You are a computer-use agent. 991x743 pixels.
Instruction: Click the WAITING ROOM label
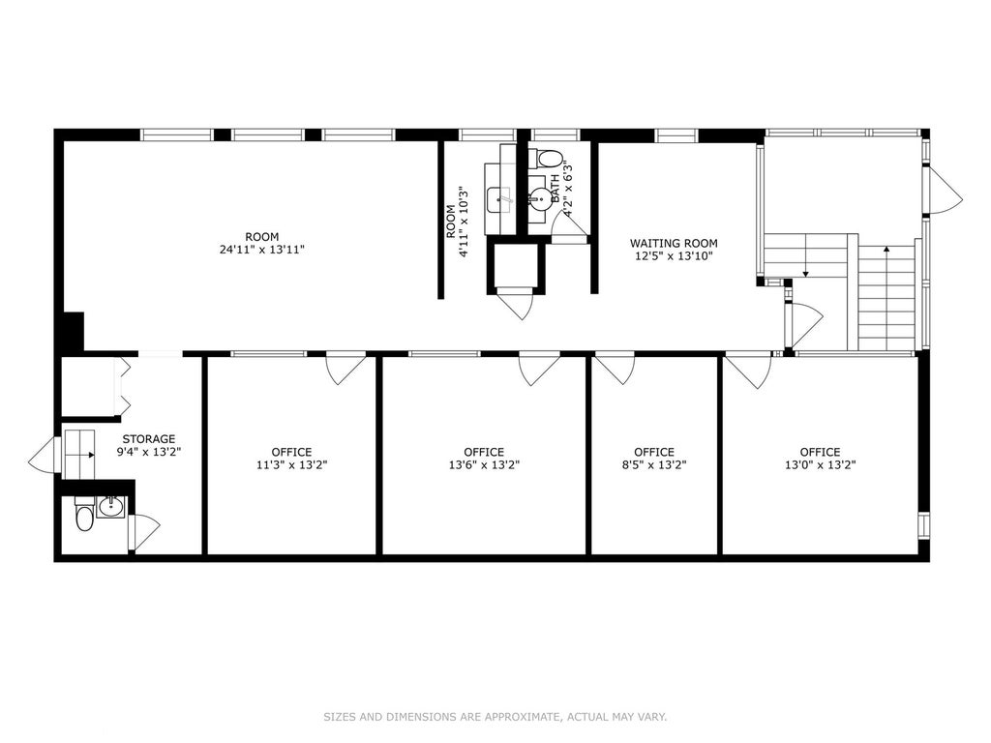[674, 243]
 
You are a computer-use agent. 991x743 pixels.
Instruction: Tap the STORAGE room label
[149, 439]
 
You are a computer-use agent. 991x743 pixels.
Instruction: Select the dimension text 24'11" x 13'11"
[262, 250]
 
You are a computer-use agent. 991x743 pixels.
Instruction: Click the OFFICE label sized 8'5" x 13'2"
[654, 453]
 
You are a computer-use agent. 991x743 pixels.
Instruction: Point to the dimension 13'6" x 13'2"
[484, 465]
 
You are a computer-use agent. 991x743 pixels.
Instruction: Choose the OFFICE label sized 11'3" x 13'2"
[292, 453]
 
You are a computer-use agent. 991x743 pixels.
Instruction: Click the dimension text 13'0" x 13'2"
[820, 465]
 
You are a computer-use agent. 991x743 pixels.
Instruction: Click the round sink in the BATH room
[540, 198]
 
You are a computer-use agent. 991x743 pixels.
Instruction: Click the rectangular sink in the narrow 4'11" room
[501, 199]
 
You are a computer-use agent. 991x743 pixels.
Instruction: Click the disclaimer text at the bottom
[495, 717]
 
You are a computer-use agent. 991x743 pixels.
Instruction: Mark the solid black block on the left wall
[74, 331]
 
